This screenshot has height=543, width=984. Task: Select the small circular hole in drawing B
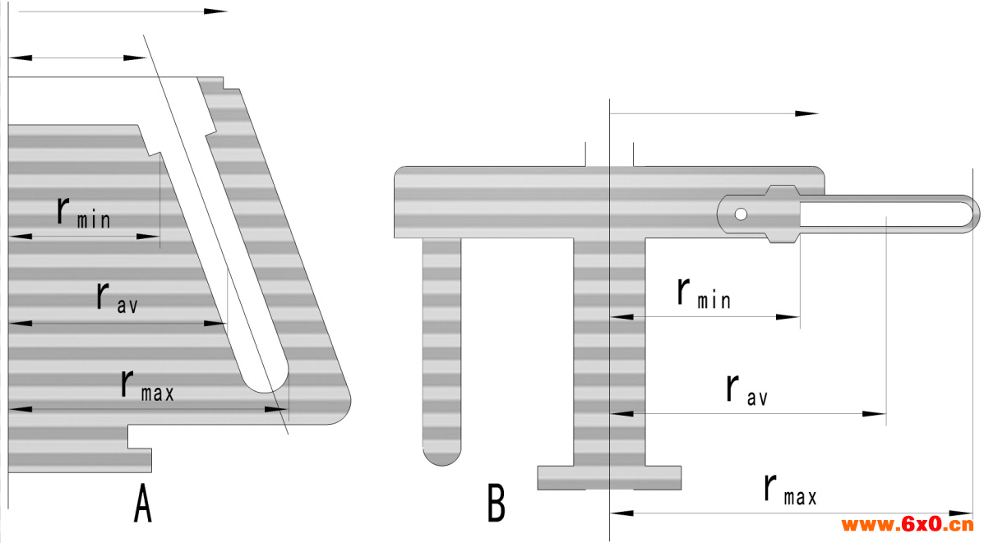pyautogui.click(x=741, y=214)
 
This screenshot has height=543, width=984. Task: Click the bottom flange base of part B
pyautogui.click(x=609, y=477)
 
